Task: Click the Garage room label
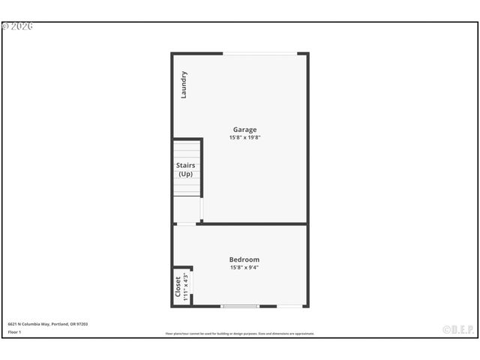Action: pyautogui.click(x=244, y=129)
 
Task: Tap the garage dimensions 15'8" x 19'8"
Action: pyautogui.click(x=244, y=137)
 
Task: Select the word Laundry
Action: pyautogui.click(x=184, y=85)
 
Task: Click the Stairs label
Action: pyautogui.click(x=185, y=165)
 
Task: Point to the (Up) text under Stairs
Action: pyautogui.click(x=185, y=174)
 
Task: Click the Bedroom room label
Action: pyautogui.click(x=244, y=259)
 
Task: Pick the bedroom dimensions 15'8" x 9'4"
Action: pyautogui.click(x=244, y=268)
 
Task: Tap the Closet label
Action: pyautogui.click(x=178, y=287)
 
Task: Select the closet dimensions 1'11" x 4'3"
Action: pyautogui.click(x=186, y=287)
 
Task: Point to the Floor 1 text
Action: pyautogui.click(x=15, y=331)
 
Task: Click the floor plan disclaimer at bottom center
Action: pyautogui.click(x=240, y=334)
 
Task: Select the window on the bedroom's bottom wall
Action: pyautogui.click(x=240, y=306)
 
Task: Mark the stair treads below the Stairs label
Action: pyautogui.click(x=187, y=187)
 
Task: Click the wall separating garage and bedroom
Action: pyautogui.click(x=255, y=223)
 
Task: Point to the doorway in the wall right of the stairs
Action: pyautogui.click(x=202, y=209)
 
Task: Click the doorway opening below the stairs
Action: pyautogui.click(x=186, y=223)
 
